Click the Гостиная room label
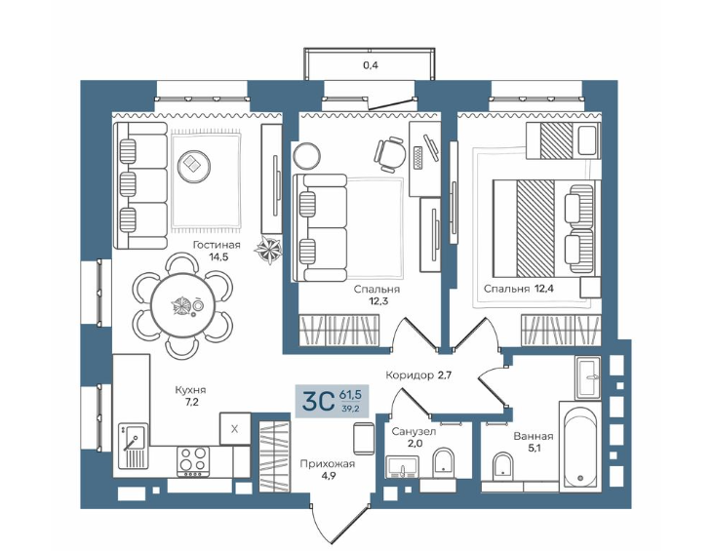tap(217, 245)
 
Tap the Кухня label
tap(190, 390)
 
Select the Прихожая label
tap(327, 464)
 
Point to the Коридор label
tap(409, 375)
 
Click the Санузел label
tap(414, 431)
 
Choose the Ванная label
tap(534, 437)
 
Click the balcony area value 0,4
tap(370, 65)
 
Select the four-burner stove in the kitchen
tap(193, 461)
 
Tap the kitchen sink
tap(133, 446)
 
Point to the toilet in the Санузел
tap(444, 461)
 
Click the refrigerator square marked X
tap(235, 428)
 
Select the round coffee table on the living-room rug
tap(194, 167)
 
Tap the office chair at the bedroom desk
tap(390, 154)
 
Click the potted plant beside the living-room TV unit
tap(268, 250)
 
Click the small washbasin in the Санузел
tap(403, 467)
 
